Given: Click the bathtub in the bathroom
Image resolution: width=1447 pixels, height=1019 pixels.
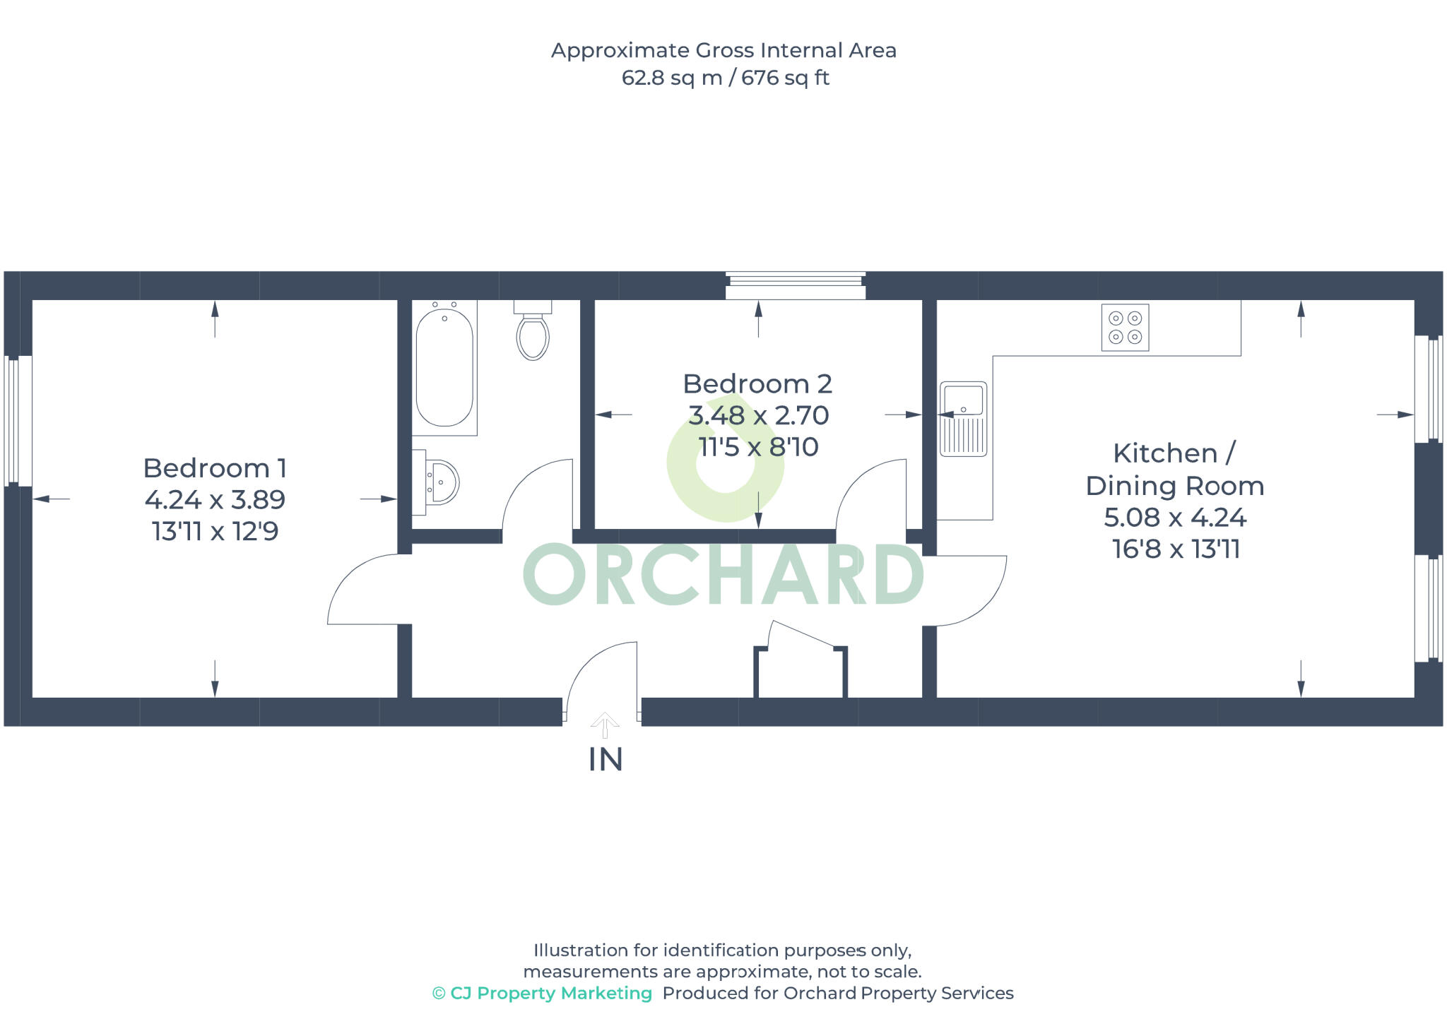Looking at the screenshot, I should point(444,368).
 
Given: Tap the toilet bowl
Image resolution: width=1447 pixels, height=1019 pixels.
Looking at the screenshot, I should point(533,337).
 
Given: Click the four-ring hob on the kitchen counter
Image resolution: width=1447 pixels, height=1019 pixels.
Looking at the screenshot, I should point(1125,328).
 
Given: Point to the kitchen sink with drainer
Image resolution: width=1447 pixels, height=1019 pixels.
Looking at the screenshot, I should point(963,419).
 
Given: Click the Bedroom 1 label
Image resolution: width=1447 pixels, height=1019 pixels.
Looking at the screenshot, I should point(215,468).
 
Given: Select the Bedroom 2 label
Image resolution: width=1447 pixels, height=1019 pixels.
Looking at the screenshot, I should point(757,384).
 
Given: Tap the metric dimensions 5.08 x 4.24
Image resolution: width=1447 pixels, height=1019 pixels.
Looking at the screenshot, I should point(1175,518).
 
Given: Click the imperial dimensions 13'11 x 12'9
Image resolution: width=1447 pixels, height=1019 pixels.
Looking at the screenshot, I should point(215,531).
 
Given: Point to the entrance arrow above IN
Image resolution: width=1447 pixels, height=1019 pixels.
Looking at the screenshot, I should point(605,725).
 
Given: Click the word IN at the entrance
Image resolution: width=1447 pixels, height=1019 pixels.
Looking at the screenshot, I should point(606,760).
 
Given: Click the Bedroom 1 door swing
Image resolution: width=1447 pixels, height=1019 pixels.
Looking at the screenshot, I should point(364,590).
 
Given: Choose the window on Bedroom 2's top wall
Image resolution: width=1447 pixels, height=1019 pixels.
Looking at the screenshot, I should point(796,286).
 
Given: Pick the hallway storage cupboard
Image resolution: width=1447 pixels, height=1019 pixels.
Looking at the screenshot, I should point(801,667).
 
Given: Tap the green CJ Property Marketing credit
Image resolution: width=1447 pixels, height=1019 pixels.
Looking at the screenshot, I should point(542,993).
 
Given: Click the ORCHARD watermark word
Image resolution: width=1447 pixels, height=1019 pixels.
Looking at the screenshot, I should point(723,574).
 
